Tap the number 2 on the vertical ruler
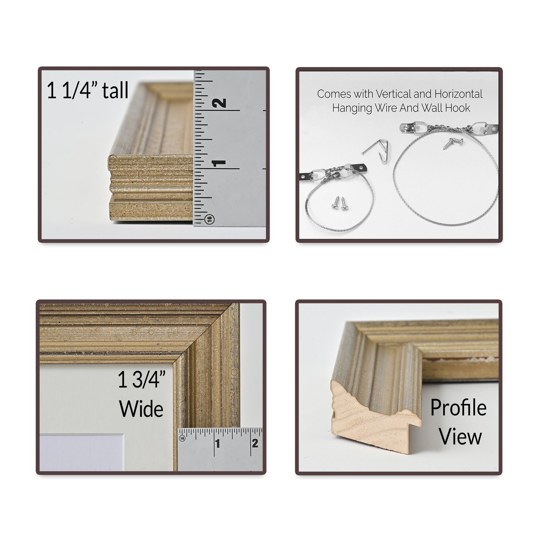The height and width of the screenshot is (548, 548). click(x=220, y=103)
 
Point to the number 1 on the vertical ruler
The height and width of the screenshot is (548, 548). click(x=219, y=163)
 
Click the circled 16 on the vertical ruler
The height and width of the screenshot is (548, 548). click(x=210, y=219)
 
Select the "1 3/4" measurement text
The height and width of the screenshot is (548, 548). click(x=141, y=380)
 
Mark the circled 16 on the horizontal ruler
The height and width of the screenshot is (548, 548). click(x=182, y=438)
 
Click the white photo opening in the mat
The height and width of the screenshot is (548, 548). click(x=82, y=452)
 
